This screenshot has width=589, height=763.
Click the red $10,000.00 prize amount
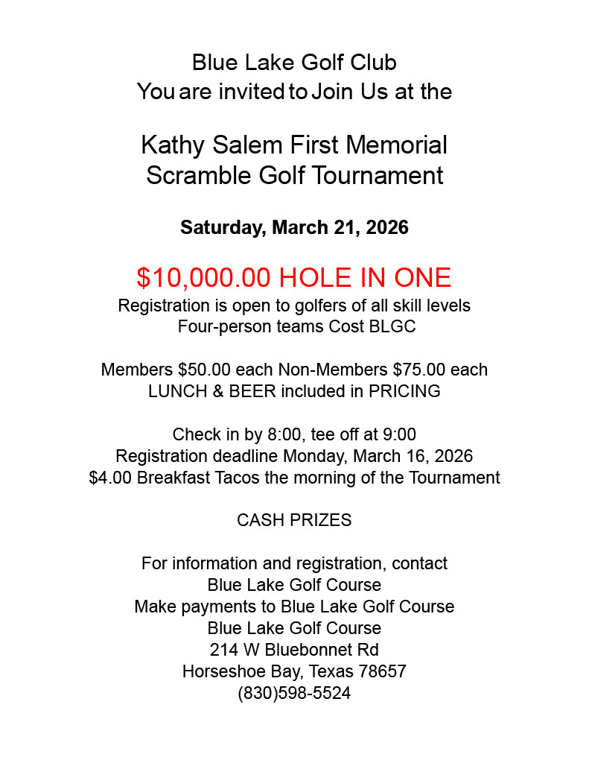pos(203,278)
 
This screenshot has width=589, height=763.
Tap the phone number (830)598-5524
pos(294,693)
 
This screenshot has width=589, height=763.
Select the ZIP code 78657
pos(382,671)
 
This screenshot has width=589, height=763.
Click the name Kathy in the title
pos(172,145)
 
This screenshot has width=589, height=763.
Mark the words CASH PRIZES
pos(294,520)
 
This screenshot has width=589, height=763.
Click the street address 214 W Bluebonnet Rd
pos(294,650)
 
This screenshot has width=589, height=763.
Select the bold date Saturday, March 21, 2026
pos(294,227)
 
